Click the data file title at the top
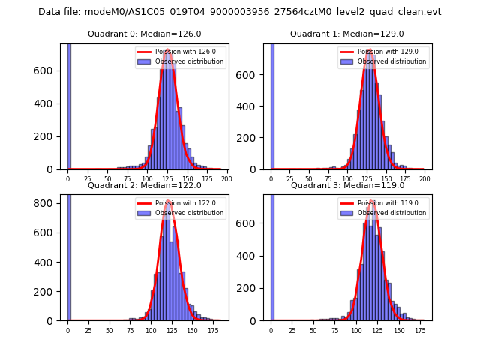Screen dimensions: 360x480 [240, 12]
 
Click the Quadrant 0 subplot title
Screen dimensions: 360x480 [144, 34]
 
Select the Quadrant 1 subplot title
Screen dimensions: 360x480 [347, 34]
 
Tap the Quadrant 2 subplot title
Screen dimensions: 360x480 [144, 185]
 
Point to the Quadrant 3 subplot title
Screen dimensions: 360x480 [347, 185]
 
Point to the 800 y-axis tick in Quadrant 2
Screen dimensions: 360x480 [48, 202]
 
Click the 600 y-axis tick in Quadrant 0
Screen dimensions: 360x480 [48, 70]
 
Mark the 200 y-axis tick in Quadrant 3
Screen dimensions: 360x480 [252, 288]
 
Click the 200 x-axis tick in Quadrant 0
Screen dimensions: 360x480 [226, 179]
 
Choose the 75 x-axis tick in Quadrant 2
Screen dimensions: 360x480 [130, 330]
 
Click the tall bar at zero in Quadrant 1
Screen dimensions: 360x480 [271, 105]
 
